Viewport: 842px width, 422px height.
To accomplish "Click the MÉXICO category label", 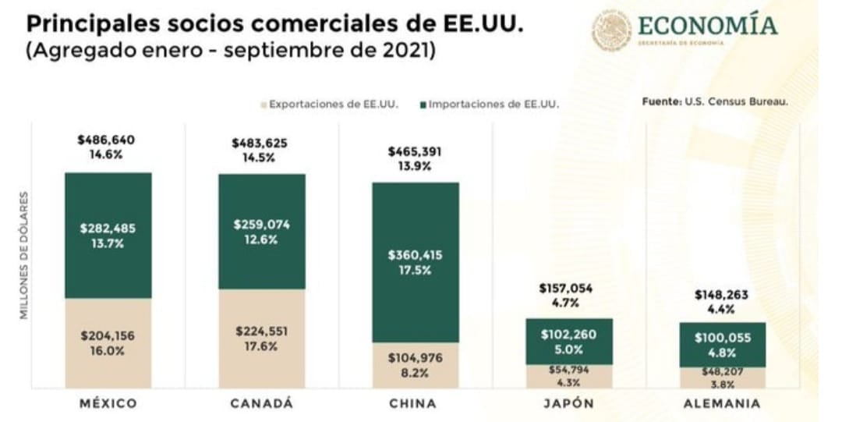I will [x=108, y=404].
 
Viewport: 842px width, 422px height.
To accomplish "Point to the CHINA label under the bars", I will [x=414, y=404].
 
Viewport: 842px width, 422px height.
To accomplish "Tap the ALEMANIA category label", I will [x=722, y=404].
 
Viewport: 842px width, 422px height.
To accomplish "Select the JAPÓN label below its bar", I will [x=568, y=404].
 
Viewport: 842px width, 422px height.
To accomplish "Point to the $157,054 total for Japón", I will [x=566, y=289].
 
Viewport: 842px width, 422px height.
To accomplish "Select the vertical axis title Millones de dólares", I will [x=23, y=254].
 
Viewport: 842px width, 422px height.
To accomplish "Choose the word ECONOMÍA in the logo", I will [x=708, y=26].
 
